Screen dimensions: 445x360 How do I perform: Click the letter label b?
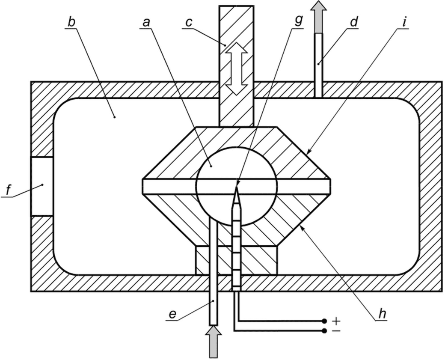tap(71, 23)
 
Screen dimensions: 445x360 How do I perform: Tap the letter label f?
tap(9, 190)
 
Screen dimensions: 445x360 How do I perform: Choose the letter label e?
tap(172, 314)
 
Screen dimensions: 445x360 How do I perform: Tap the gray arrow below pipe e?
tap(214, 342)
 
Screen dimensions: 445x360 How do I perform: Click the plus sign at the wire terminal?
tap(336, 321)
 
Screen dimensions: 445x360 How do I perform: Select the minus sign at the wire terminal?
tap(336, 331)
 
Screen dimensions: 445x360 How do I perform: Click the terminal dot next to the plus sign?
tap(324, 321)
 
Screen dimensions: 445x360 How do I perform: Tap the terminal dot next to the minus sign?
tap(324, 331)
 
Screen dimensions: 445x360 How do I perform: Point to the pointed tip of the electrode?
tap(236, 185)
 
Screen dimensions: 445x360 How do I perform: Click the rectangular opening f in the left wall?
tap(42, 186)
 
